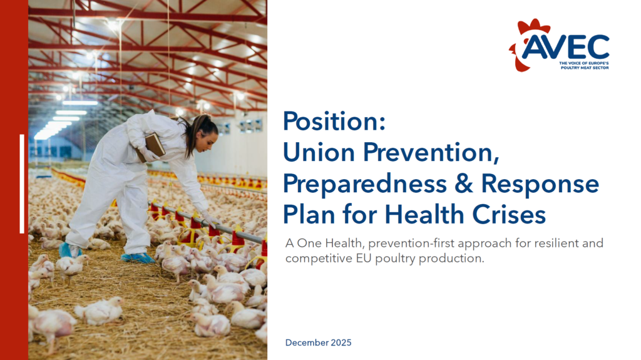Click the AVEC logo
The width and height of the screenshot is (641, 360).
[559, 45]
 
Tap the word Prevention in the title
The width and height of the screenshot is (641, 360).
[431, 152]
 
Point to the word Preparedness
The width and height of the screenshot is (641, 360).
[365, 183]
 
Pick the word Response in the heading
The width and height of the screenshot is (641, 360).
[540, 183]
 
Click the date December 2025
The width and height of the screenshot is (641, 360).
[319, 343]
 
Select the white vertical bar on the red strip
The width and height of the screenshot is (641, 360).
[22, 183]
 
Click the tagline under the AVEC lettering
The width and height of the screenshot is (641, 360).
[584, 66]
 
